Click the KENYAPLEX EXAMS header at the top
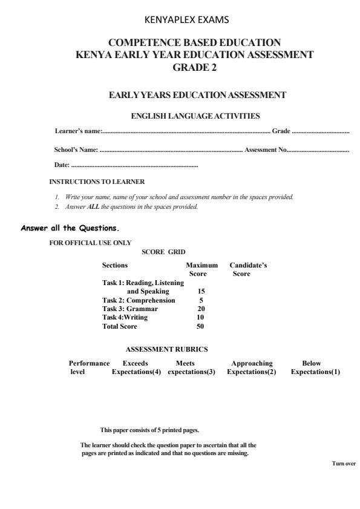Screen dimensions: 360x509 [x=188, y=20]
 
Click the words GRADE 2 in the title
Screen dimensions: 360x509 [x=194, y=67]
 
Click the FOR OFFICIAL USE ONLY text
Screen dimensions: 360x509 [x=90, y=243]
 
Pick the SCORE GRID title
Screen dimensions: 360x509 [x=163, y=251]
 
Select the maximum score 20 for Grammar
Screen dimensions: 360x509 [x=201, y=309]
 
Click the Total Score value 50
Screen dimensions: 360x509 [x=201, y=326]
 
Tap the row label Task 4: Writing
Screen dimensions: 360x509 [x=125, y=317]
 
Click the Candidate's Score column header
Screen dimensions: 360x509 [x=248, y=269]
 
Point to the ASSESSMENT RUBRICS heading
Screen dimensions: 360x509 [x=166, y=349]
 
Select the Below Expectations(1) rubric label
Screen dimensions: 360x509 [x=315, y=367]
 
